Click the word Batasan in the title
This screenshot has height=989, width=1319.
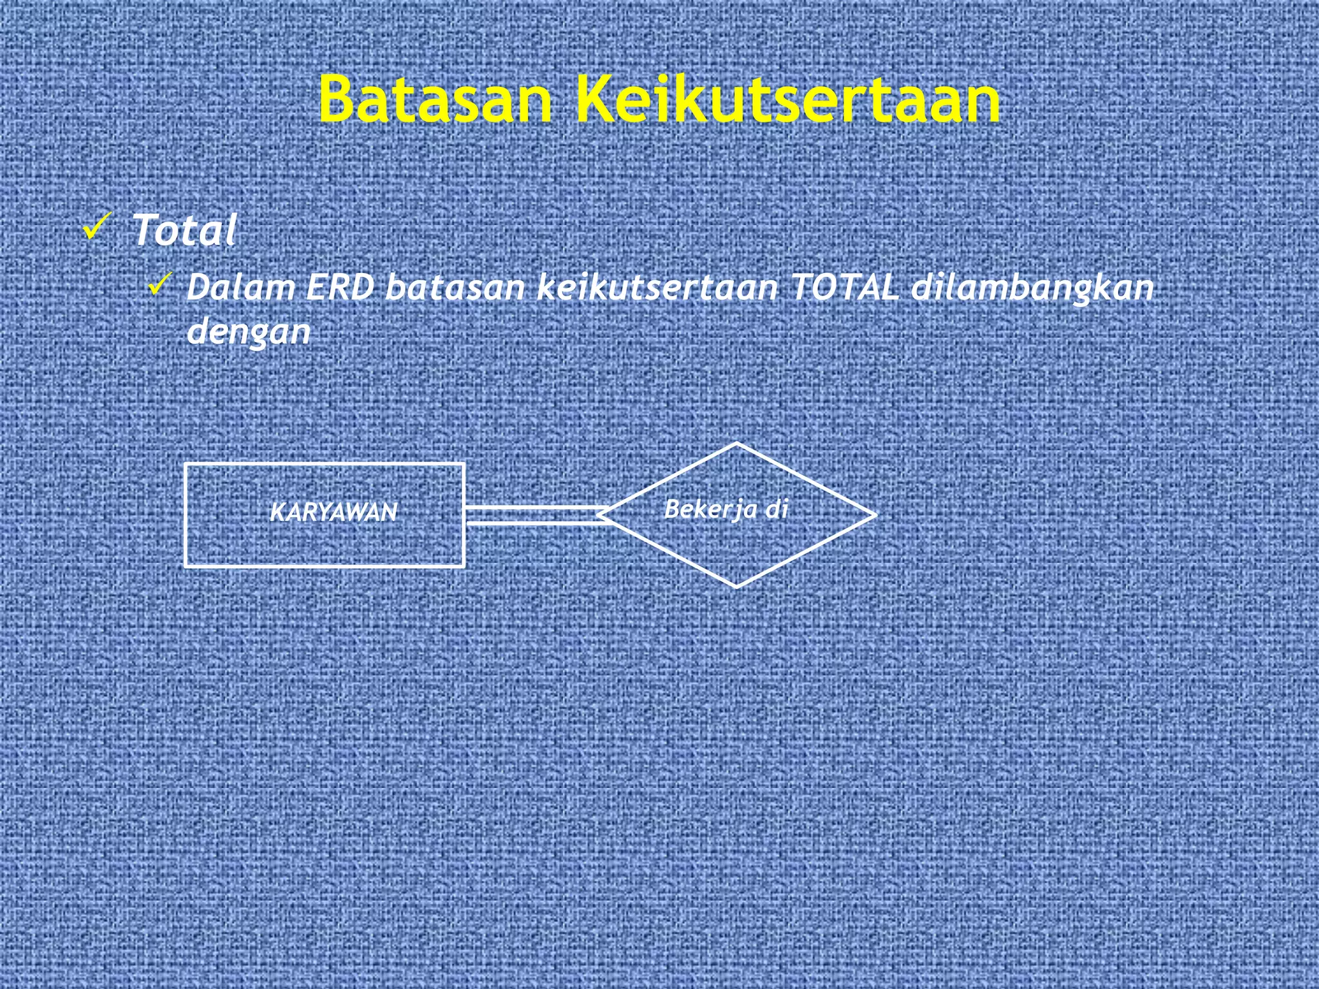tap(435, 99)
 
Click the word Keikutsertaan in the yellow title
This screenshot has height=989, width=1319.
tap(787, 99)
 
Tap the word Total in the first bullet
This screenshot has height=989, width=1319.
tap(184, 230)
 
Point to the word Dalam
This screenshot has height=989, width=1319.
tap(240, 287)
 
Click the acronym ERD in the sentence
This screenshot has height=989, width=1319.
tap(339, 287)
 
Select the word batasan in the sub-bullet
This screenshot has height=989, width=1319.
tap(455, 287)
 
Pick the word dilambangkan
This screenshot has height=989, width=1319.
tap(1032, 288)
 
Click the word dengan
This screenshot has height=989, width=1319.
tap(249, 332)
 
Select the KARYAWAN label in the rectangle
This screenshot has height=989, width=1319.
tap(333, 513)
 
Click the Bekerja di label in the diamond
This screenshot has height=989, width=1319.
tap(726, 509)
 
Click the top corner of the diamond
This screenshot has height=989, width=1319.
tap(736, 444)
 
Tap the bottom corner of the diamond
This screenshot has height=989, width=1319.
tap(736, 587)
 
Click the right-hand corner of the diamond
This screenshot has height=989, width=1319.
tap(875, 515)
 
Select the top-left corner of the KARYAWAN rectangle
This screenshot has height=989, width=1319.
tap(186, 464)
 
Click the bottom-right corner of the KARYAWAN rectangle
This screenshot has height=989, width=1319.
tap(463, 566)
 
